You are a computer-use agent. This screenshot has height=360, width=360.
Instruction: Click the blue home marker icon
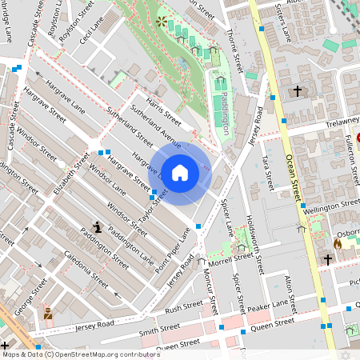180,172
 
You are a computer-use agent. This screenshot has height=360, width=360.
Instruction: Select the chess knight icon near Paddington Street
97,227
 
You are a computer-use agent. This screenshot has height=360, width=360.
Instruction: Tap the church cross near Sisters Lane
298,92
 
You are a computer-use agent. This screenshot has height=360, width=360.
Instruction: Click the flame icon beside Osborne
338,243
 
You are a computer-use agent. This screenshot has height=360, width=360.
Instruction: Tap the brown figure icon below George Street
48,313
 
